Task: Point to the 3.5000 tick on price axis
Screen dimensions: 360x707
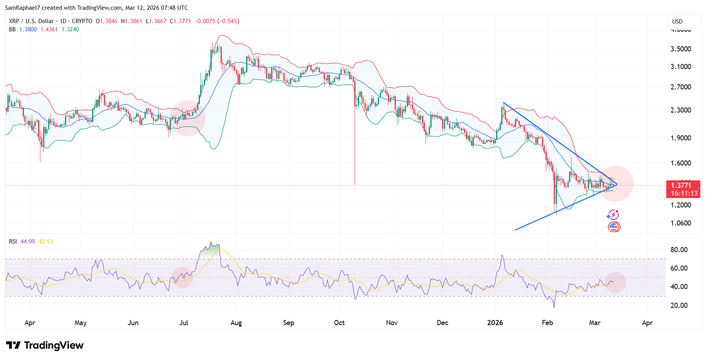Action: (681, 49)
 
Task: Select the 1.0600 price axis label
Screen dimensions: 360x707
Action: (681, 223)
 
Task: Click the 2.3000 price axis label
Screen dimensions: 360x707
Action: (681, 110)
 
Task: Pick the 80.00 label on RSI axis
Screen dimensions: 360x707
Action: (679, 250)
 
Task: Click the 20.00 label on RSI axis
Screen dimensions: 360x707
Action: (679, 305)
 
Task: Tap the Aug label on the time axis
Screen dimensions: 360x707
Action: (236, 323)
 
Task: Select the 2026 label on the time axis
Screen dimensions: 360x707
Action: (495, 323)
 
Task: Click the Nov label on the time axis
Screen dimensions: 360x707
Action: (392, 323)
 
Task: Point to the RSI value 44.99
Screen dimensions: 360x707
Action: (27, 242)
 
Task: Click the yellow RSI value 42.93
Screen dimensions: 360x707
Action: (45, 242)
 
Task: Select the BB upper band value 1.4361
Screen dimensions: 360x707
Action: (49, 29)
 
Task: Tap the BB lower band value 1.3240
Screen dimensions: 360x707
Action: (70, 29)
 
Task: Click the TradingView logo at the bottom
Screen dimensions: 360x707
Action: (45, 345)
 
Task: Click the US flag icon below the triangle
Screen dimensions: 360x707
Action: (614, 227)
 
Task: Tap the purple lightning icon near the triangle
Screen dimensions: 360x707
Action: (612, 215)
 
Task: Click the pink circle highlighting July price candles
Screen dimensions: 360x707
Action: (187, 118)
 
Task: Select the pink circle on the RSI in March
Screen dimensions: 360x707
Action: (615, 282)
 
